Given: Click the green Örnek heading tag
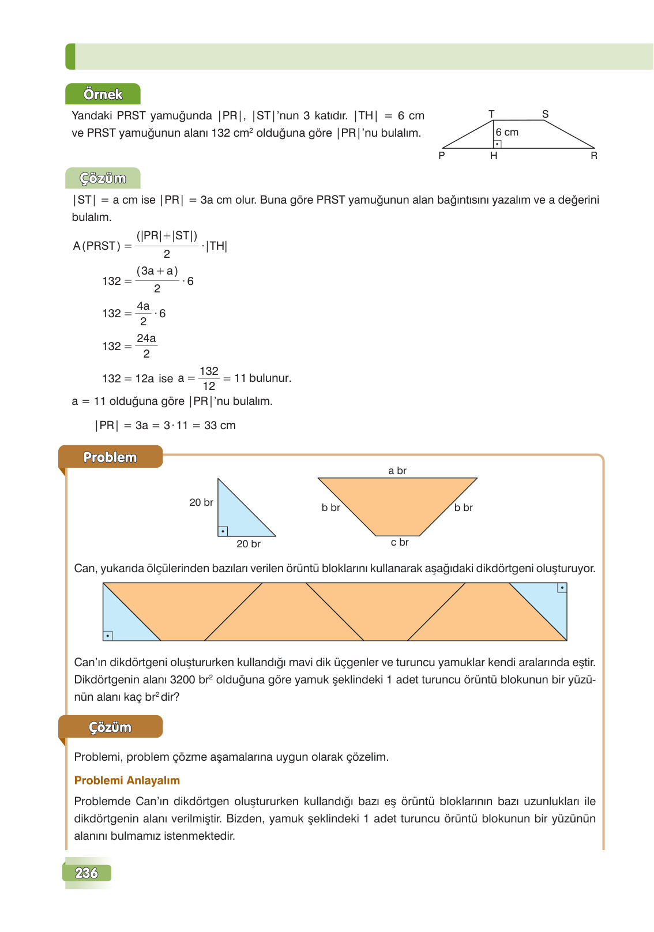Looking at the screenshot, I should pyautogui.click(x=103, y=94).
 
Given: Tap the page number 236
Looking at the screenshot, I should pyautogui.click(x=87, y=873).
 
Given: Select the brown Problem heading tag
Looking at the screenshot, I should pyautogui.click(x=110, y=457).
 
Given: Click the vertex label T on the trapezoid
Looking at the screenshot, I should pyautogui.click(x=491, y=114).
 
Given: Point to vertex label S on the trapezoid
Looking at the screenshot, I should pyautogui.click(x=545, y=114).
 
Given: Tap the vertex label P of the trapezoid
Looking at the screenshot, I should pyautogui.click(x=442, y=156).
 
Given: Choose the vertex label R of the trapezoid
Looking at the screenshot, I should pyautogui.click(x=594, y=156).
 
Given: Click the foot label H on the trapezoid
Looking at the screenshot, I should pyautogui.click(x=494, y=156).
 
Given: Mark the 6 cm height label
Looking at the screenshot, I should pyautogui.click(x=507, y=132).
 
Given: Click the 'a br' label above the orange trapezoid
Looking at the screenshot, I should pyautogui.click(x=397, y=471).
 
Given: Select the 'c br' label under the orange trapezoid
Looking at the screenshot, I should pyautogui.click(x=400, y=542).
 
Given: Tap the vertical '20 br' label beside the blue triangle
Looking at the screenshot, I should pyautogui.click(x=201, y=502).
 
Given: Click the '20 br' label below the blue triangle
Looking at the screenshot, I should pyautogui.click(x=249, y=544).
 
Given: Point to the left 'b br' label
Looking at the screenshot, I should pyautogui.click(x=331, y=508).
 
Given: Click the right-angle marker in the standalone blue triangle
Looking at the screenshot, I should pyautogui.click(x=223, y=531).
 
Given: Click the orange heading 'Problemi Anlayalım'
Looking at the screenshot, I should pyautogui.click(x=127, y=780).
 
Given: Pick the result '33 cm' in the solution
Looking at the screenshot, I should pyautogui.click(x=220, y=426).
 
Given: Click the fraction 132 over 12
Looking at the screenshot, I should pyautogui.click(x=209, y=378).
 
